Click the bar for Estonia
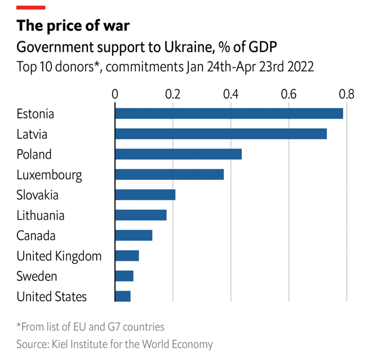tap(229, 113)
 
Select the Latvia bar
tap(221, 134)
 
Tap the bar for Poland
tap(178, 154)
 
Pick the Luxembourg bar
tap(169, 174)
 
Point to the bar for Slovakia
tap(145, 195)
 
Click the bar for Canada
tap(134, 235)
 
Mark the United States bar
tap(123, 296)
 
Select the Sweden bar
tap(124, 276)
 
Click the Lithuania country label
tap(41, 216)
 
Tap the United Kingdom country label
tap(59, 256)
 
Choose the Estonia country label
tap(35, 114)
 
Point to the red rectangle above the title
tap(31, 7)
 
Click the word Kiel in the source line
tap(66, 344)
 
